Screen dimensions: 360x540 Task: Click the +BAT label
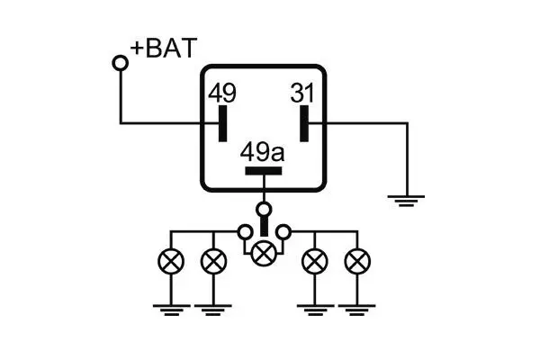[x=163, y=49]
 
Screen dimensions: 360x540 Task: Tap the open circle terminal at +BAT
[x=120, y=62]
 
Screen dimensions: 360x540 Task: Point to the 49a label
[x=263, y=153]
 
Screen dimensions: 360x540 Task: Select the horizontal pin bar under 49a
[x=263, y=170]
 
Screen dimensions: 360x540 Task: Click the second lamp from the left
[x=212, y=263]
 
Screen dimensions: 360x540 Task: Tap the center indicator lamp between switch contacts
[x=263, y=253]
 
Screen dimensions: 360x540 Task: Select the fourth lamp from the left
[x=314, y=263]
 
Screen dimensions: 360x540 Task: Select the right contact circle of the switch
[x=283, y=232]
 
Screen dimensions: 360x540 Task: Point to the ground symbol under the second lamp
[x=212, y=310]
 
